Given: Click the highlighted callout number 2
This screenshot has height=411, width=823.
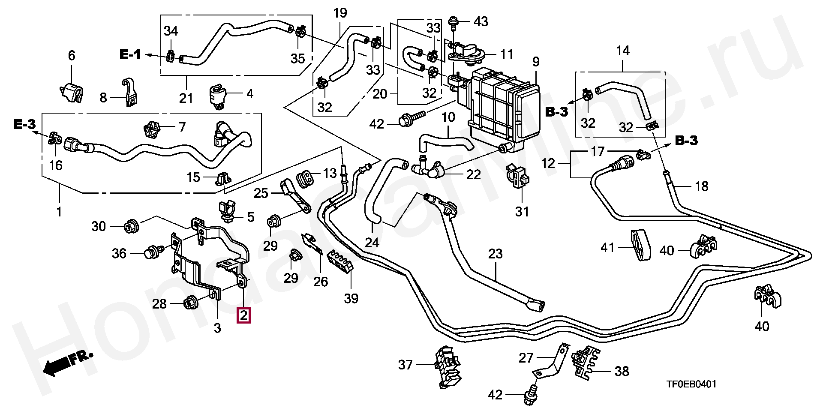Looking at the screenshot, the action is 243,316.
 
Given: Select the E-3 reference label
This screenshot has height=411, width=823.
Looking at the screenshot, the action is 24,125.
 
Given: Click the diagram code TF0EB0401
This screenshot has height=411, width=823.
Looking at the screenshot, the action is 691,384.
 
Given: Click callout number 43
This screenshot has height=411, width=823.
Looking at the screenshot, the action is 481,21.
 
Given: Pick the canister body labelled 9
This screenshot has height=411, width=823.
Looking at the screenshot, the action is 502,113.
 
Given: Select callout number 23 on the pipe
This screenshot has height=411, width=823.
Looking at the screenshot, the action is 495,254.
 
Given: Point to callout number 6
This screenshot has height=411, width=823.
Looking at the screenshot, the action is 71,55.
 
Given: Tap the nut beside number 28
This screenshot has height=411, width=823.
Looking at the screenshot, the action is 190,303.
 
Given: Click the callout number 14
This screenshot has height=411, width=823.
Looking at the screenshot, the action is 622,51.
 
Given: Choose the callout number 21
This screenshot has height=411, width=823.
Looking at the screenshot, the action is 186,98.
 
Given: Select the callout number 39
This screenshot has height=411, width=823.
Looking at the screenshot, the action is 351,298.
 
